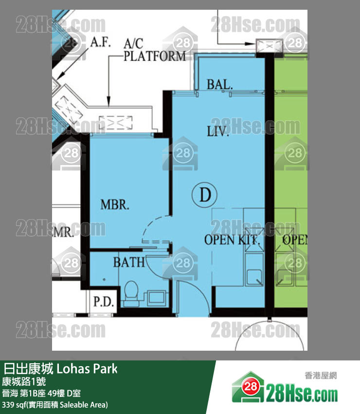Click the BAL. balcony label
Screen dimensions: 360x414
pos(219,84)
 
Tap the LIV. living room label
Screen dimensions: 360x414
pos(217,131)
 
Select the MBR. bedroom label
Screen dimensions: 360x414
pos(115,205)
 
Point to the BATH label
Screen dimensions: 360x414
pos(129,262)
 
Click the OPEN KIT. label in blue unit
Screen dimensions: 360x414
pos(232,240)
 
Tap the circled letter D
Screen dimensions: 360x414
pos(204,195)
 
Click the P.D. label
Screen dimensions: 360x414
pos(104,301)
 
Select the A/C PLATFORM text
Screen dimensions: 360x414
pos(155,50)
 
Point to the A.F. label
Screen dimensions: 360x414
pos(100,42)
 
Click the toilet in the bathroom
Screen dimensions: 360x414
pos(131,293)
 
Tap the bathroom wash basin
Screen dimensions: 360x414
pos(156,298)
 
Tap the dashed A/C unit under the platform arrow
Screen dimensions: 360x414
pos(115,123)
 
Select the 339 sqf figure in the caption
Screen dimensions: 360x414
pos(14,405)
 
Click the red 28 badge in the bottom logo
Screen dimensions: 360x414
pos(250,387)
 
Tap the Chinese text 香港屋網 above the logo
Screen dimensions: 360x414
pos(321,375)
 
